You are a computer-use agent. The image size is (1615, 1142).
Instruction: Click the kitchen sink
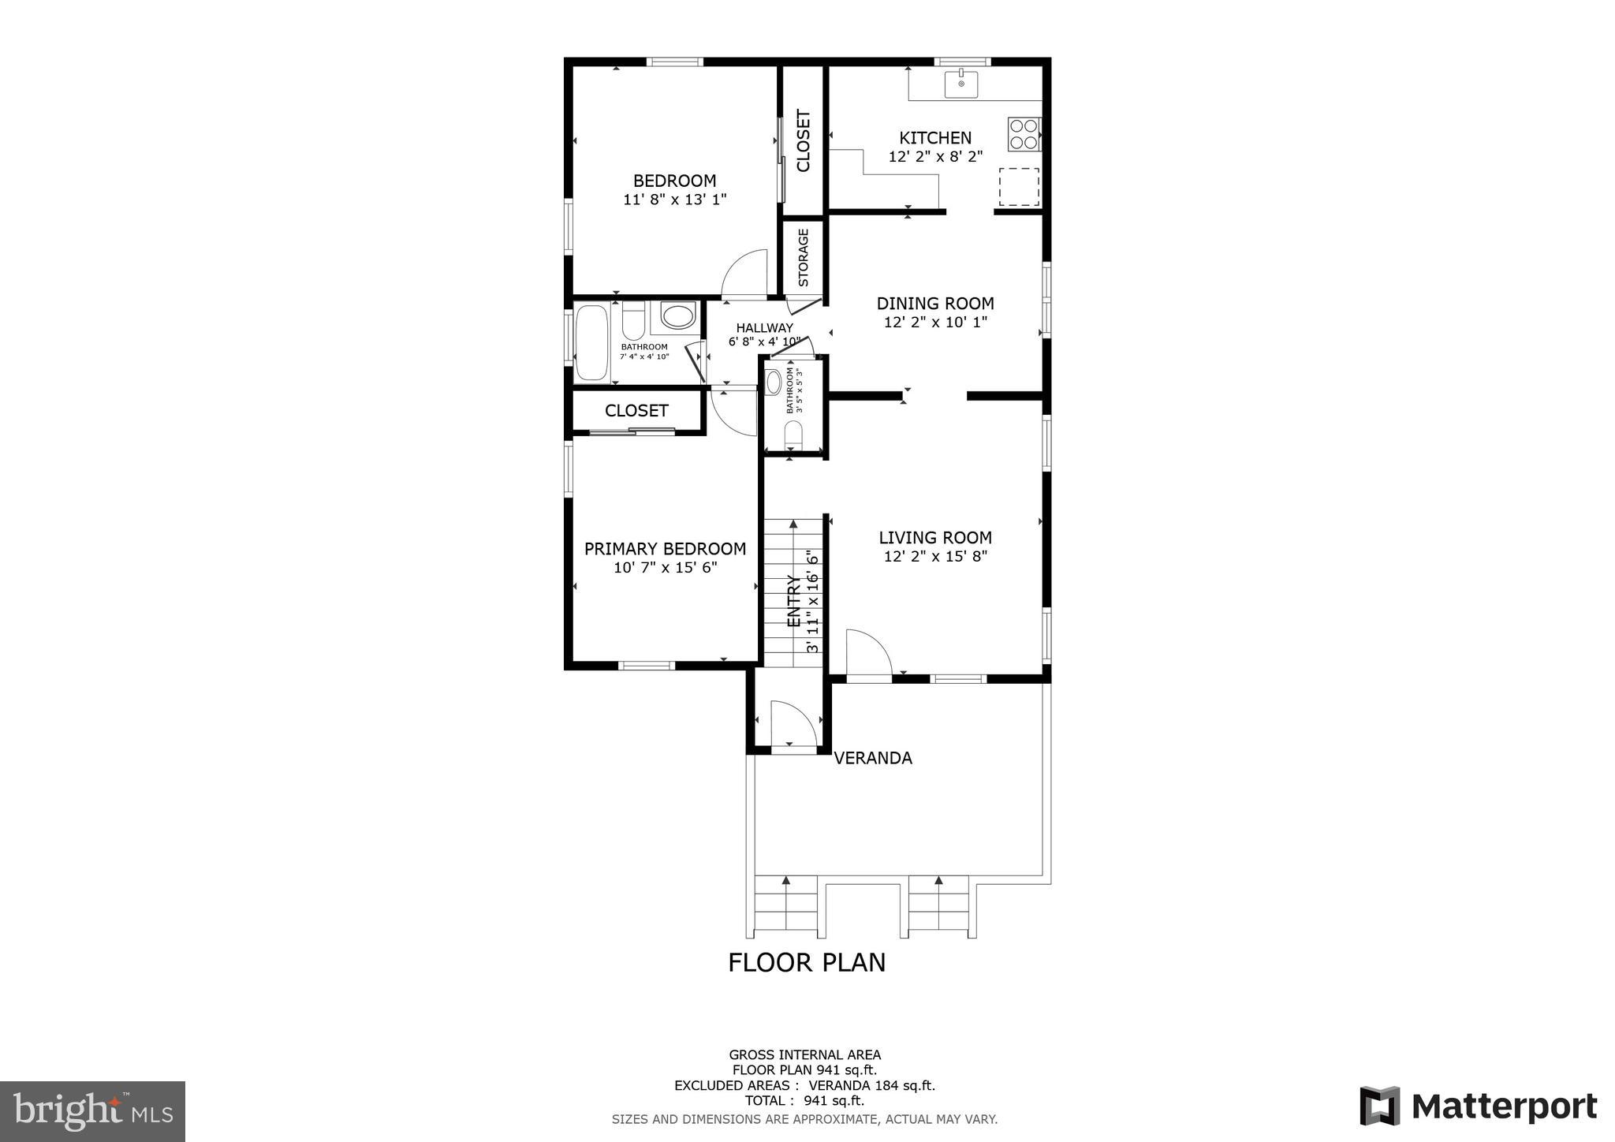961,84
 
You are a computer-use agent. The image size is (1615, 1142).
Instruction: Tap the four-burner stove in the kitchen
1024,134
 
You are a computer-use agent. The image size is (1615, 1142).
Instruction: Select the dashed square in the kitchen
1019,187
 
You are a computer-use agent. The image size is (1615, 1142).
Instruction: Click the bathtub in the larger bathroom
591,343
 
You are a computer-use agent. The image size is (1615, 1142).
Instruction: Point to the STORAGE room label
804,258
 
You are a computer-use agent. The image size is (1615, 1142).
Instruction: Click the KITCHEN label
935,138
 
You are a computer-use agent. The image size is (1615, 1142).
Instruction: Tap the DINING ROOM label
935,304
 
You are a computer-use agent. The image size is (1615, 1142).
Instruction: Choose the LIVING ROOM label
935,538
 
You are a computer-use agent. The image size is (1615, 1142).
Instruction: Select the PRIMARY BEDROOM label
665,549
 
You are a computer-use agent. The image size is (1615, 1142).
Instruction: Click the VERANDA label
873,758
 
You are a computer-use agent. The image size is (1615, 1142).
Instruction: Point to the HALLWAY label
764,328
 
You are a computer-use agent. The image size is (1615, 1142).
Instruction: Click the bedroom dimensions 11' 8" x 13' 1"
674,200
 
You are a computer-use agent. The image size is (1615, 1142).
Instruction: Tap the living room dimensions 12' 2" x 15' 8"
935,557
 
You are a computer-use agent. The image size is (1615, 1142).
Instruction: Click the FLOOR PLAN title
807,963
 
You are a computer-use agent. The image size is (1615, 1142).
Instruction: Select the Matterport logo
1479,1107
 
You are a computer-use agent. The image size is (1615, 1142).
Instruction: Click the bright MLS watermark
92,1112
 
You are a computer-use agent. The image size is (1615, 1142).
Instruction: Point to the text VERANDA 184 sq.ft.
871,1086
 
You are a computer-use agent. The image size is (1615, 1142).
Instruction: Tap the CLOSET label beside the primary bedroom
636,411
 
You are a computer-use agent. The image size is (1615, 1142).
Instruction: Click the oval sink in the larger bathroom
677,317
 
